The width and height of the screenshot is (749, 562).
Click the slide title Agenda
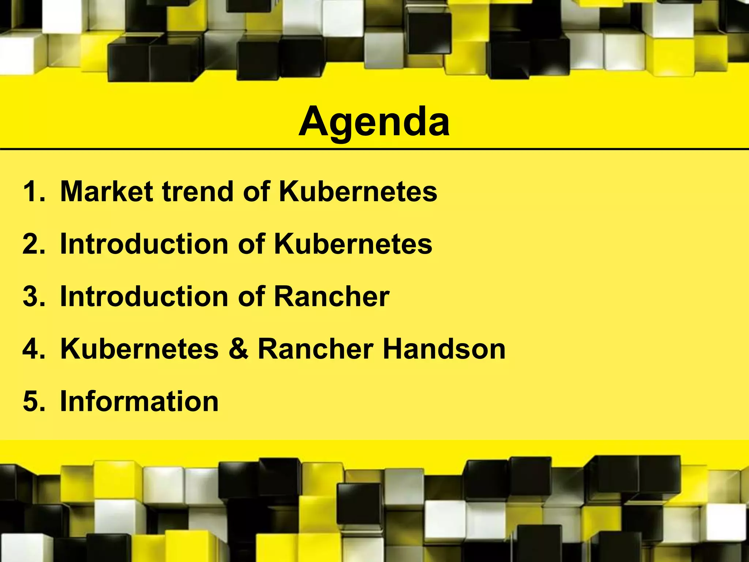374,122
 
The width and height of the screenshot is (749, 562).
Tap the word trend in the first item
198,191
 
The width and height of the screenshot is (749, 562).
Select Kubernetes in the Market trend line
358,191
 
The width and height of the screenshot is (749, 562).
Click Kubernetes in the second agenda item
353,244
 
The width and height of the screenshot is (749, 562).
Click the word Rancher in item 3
332,296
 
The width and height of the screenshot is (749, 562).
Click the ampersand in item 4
238,349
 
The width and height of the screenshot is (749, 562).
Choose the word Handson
444,349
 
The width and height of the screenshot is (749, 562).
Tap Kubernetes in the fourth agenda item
139,349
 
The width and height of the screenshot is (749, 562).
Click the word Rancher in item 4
316,349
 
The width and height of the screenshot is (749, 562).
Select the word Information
139,401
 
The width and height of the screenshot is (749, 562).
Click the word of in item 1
256,191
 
